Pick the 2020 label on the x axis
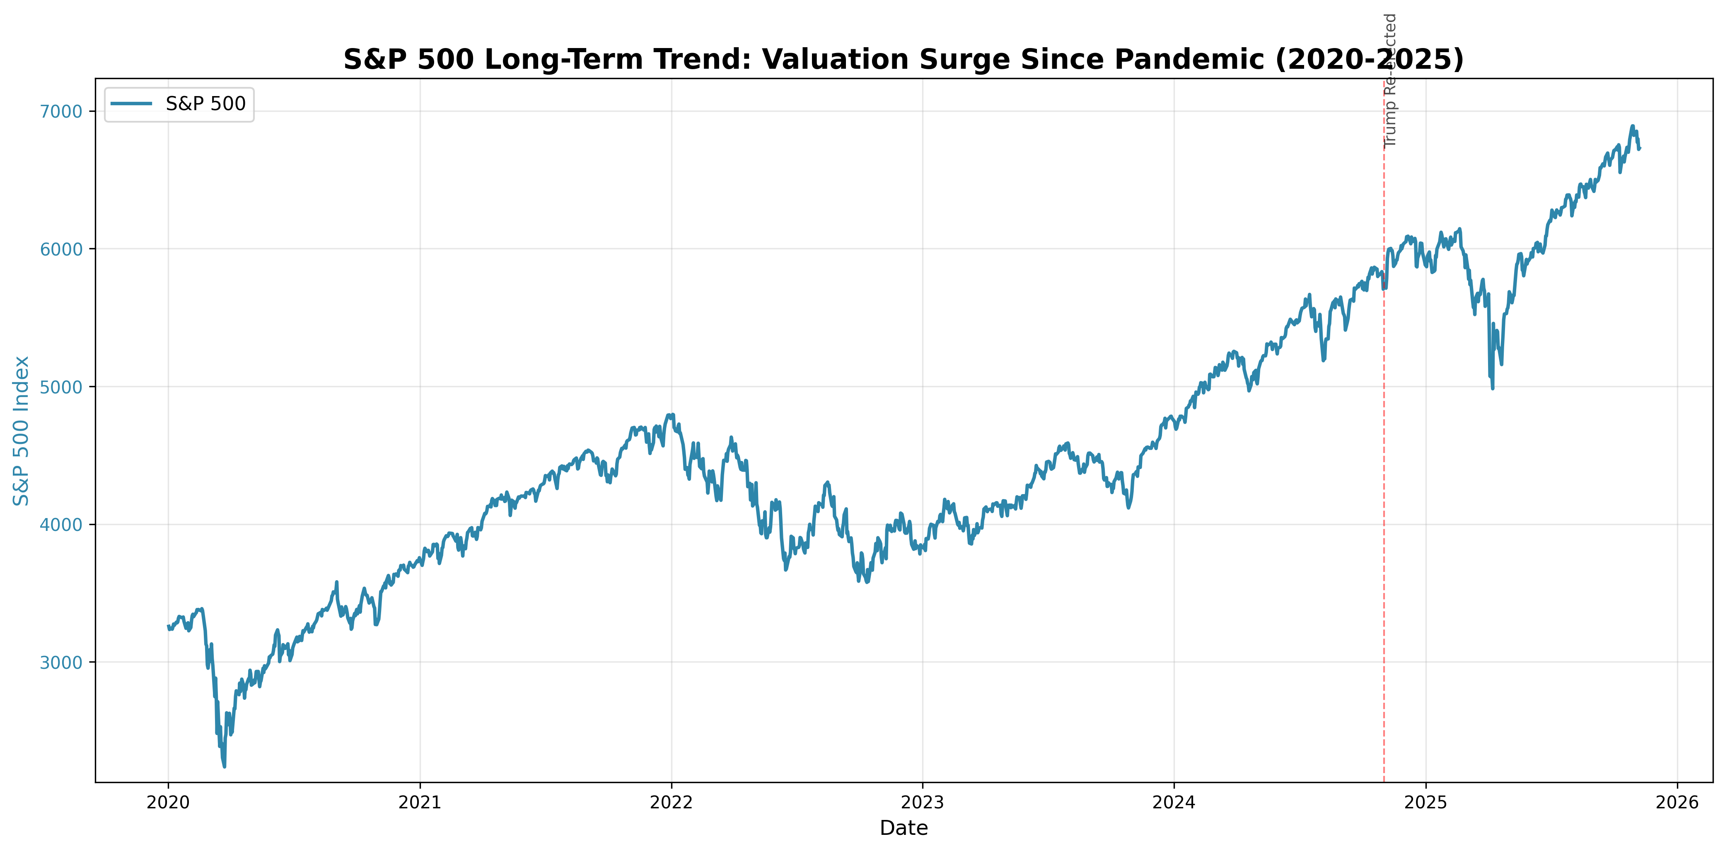[x=168, y=802]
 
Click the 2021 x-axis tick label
[x=420, y=802]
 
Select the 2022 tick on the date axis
[x=671, y=802]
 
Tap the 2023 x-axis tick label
[x=923, y=802]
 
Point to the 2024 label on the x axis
[x=1174, y=802]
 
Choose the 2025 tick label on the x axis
[x=1425, y=802]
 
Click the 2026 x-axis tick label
[x=1677, y=802]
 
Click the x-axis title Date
[x=904, y=828]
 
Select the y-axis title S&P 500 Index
[x=22, y=431]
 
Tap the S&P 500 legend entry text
[x=205, y=104]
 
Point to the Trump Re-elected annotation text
[x=1390, y=80]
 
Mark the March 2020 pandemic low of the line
[x=225, y=767]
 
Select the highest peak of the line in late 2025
[x=1632, y=126]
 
